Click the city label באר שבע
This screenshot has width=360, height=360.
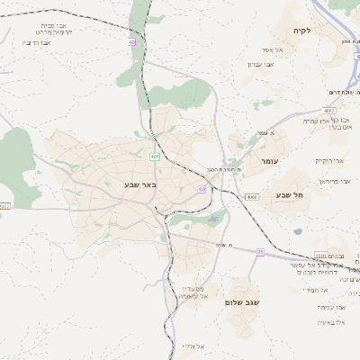pos(140,185)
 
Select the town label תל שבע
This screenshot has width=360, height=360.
pos(290,194)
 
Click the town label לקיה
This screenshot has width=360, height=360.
pos(301,31)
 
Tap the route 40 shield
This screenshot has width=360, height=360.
pos(132,41)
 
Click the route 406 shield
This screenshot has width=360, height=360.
pos(155,157)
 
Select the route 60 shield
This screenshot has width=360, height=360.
pos(202,189)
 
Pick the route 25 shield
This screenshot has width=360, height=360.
pos(260,253)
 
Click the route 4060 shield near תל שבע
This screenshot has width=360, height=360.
pos(251,195)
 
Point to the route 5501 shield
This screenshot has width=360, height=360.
pos(321,256)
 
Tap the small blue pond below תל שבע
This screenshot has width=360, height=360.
pos(297,231)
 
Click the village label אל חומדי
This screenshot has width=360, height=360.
pos(310,289)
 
